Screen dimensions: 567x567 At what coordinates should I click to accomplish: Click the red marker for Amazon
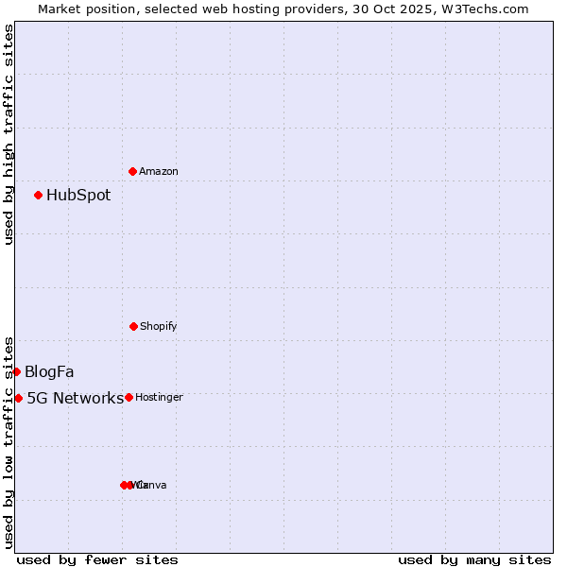(x=132, y=171)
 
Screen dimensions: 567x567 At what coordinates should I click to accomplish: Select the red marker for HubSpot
(x=38, y=196)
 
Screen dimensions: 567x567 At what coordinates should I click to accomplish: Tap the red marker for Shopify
(x=133, y=326)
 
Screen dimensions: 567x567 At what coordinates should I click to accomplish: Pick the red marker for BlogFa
(x=16, y=371)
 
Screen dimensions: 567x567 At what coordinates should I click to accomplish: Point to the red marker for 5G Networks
(x=18, y=398)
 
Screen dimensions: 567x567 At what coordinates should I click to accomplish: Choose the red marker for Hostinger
(x=129, y=397)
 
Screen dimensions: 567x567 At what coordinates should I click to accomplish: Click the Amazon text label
(x=159, y=172)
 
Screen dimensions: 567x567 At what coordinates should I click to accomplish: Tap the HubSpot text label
(x=78, y=196)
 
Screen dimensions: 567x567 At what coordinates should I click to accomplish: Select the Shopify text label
(x=159, y=327)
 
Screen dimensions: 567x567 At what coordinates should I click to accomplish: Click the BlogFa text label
(x=49, y=371)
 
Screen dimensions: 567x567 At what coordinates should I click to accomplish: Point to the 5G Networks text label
(x=75, y=398)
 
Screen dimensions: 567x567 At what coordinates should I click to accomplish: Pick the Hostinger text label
(x=159, y=398)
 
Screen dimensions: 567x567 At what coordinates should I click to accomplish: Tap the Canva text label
(x=152, y=486)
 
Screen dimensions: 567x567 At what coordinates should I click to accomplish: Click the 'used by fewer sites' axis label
(x=97, y=560)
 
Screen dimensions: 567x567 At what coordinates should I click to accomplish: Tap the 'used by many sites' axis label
(x=474, y=560)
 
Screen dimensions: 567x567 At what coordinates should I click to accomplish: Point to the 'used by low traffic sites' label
(x=9, y=442)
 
